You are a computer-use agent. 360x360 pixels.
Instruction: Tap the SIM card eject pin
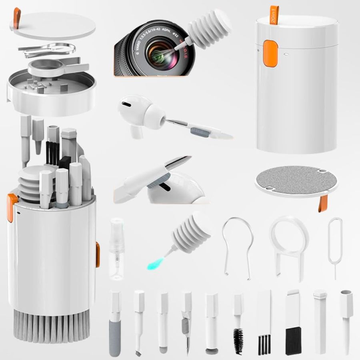click(335, 244)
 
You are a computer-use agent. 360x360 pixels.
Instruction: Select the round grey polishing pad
click(296, 180)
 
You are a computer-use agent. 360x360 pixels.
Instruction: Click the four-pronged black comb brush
click(264, 342)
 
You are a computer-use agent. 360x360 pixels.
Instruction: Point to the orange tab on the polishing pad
click(324, 203)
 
